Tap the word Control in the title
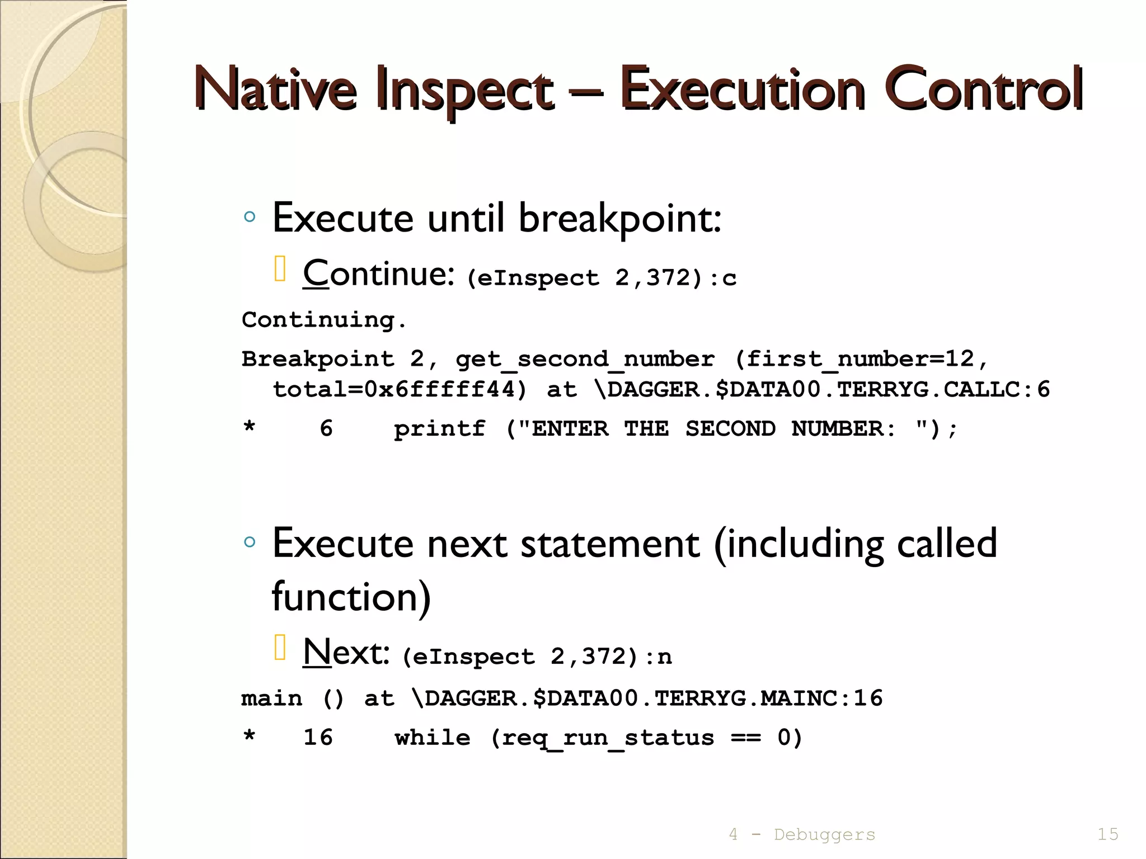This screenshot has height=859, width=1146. point(985,89)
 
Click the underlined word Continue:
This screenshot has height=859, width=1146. point(378,273)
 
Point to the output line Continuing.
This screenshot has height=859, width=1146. point(323,320)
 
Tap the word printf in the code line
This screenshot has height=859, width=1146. point(439,429)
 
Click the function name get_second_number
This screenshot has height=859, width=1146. point(585,359)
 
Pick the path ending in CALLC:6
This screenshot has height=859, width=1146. point(823,390)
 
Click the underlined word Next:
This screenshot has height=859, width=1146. point(346,652)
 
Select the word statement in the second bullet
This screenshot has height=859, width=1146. point(610,544)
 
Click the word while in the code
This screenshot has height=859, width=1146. point(432,738)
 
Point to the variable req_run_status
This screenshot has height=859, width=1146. point(608,738)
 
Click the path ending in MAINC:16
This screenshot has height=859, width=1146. point(647,698)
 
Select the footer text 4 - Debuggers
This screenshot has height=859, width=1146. point(801,834)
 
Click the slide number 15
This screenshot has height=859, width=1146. point(1107,834)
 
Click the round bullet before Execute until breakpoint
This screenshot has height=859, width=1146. point(250,217)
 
